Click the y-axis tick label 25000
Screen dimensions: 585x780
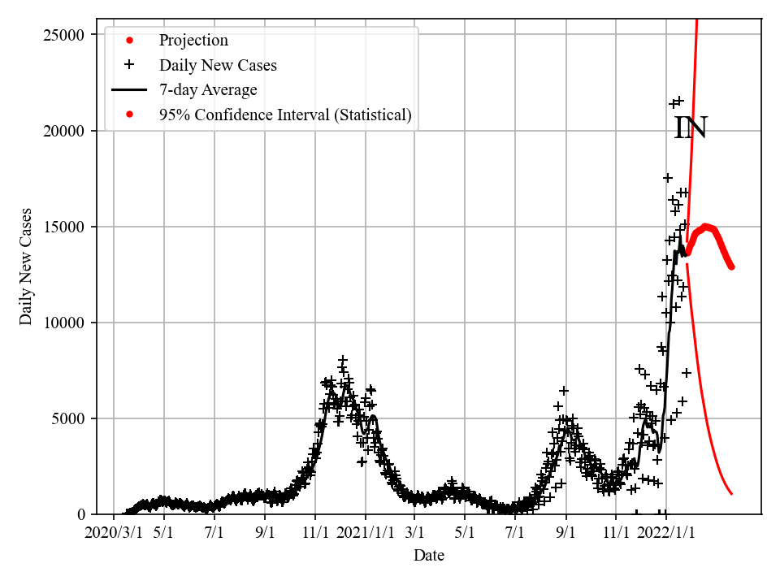pyautogui.click(x=66, y=35)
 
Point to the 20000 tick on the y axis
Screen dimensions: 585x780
pyautogui.click(x=66, y=131)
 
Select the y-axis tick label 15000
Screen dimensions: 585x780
pyautogui.click(x=66, y=227)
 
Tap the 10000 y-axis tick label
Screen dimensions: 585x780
pyautogui.click(x=66, y=323)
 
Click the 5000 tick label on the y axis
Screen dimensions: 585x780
pyautogui.click(x=70, y=418)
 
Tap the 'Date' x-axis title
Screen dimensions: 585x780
pyautogui.click(x=428, y=556)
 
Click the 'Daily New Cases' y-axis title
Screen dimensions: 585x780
pyautogui.click(x=27, y=266)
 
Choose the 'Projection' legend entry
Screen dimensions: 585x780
pyautogui.click(x=193, y=41)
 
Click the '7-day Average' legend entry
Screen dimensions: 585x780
pyautogui.click(x=208, y=90)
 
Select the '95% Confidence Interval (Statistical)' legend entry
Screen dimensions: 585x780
pyautogui.click(x=285, y=115)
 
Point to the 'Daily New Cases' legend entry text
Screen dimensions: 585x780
pyautogui.click(x=218, y=65)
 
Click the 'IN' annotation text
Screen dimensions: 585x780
pyautogui.click(x=691, y=128)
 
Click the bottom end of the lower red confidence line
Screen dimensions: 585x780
pyautogui.click(x=731, y=493)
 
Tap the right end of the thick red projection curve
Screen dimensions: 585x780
pyautogui.click(x=731, y=266)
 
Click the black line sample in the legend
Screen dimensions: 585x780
pyautogui.click(x=128, y=90)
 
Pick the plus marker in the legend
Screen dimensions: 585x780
pyautogui.click(x=128, y=65)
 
